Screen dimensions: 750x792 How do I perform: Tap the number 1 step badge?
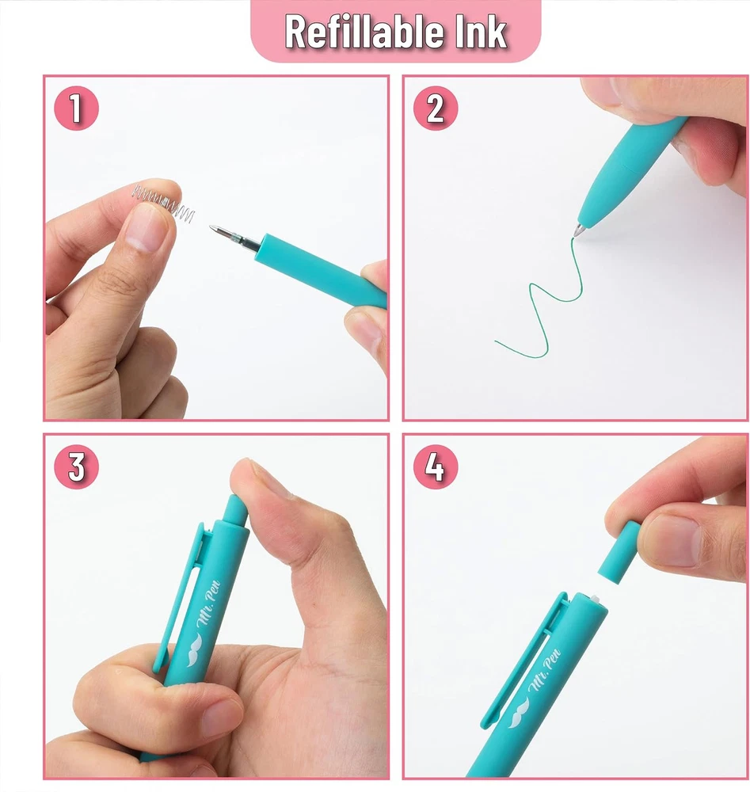coord(76,108)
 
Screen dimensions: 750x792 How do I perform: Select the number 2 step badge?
coord(436,108)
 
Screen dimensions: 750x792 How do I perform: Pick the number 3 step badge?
coord(76,466)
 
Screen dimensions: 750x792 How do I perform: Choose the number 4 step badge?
coord(436,466)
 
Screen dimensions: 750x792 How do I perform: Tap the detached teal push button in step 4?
coord(619,552)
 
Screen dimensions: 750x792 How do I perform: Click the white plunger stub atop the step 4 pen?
coord(596,599)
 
